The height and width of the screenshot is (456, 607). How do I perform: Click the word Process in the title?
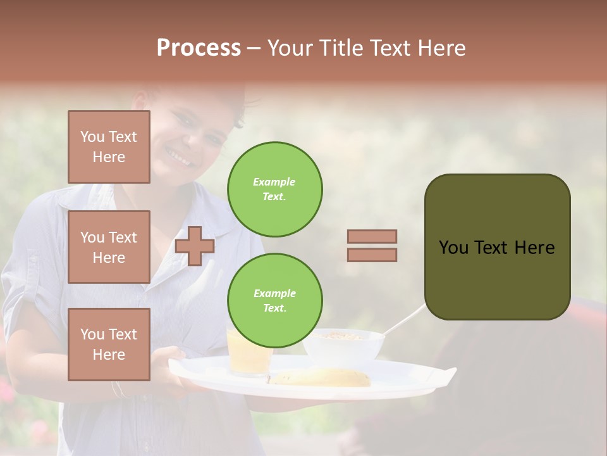199,48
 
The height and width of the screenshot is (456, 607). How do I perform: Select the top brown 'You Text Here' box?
109,147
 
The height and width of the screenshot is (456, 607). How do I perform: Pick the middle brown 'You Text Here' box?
109,247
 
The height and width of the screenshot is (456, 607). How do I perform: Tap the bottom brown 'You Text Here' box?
109,344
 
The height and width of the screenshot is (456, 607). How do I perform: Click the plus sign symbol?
195,246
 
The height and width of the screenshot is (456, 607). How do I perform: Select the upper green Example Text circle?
275,189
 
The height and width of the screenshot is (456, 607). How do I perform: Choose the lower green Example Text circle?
275,301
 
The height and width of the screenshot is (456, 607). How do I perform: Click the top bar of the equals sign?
372,236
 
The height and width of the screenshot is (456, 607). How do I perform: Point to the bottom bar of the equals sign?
372,255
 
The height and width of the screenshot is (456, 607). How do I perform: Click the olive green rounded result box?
497,247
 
